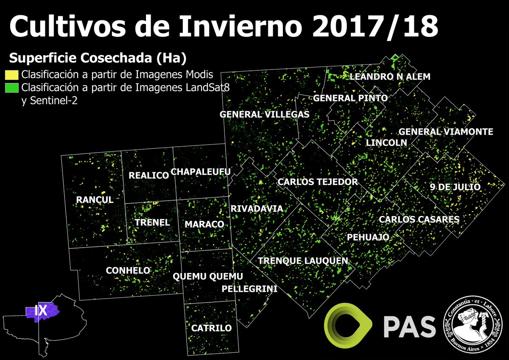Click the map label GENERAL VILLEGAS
coord(264,114)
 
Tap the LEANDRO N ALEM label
coord(390,77)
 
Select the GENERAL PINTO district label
coord(350,98)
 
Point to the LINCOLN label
coord(386,142)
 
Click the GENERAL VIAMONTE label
coord(446,132)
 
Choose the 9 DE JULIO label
coord(454,187)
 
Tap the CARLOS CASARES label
coord(419,220)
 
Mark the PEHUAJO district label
coord(368,237)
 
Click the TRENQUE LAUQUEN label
coord(303,261)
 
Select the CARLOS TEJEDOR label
coord(318,182)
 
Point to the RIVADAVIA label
coord(256,209)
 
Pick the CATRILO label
coord(211,328)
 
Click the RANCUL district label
coord(95,200)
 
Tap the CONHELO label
coord(128,271)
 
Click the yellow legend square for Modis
coord(11,75)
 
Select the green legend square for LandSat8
coord(11,88)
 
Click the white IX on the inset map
coord(41,311)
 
